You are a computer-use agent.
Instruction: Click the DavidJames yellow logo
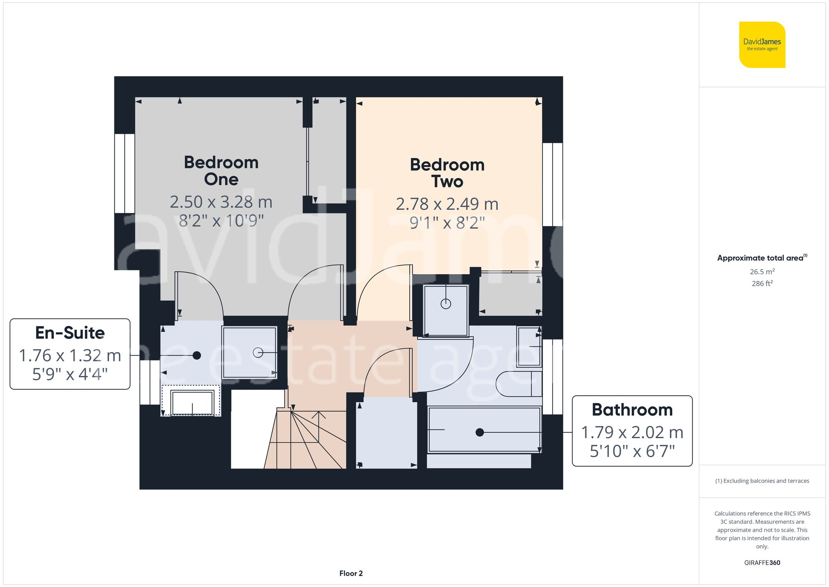point(762,45)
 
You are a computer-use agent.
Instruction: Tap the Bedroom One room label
point(221,170)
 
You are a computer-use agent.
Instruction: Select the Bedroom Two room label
point(447,173)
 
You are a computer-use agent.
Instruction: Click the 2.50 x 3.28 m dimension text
point(221,202)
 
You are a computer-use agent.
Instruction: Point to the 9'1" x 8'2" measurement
point(447,223)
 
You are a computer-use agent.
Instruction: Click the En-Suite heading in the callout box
point(70,333)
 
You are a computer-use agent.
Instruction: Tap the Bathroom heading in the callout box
point(632,410)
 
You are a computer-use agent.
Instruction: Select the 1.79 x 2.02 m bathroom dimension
point(632,432)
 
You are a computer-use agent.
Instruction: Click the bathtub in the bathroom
point(484,430)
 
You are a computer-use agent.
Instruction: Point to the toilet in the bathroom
point(518,383)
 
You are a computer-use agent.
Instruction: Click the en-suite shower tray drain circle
point(258,353)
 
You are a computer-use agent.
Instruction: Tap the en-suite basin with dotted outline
point(191,402)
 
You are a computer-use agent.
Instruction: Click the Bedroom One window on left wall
point(124,173)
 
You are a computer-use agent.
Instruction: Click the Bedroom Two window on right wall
point(553,184)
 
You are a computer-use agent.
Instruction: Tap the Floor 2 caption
point(351,573)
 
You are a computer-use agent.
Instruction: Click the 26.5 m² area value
point(762,272)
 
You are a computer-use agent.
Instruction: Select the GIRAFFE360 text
point(762,563)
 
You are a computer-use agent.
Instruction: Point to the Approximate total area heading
point(762,258)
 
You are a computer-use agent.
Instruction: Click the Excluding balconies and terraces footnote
point(762,481)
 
